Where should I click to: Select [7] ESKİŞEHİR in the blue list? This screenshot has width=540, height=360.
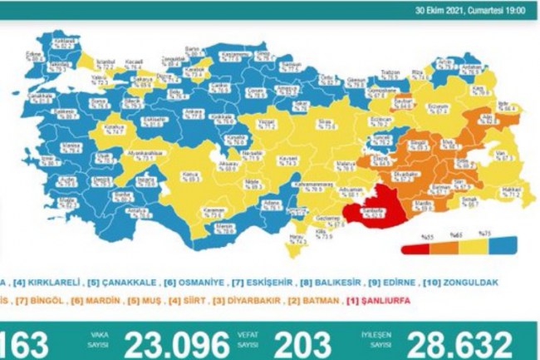point(241,283)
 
